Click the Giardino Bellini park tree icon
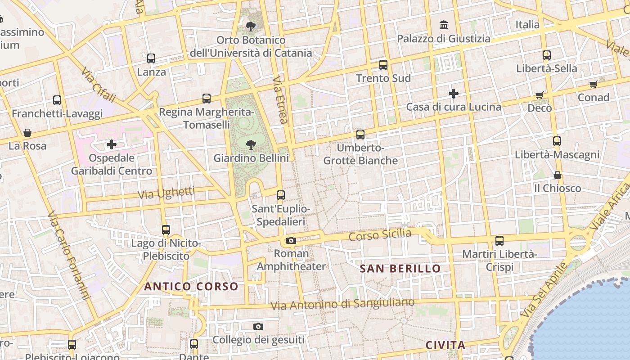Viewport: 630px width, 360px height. click(x=251, y=144)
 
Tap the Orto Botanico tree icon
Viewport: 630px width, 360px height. click(x=251, y=26)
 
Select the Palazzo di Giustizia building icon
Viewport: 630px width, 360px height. click(x=444, y=25)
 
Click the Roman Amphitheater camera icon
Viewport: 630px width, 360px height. click(x=291, y=240)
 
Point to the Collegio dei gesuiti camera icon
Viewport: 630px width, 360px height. click(x=258, y=326)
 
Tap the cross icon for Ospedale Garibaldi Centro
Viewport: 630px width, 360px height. click(x=112, y=144)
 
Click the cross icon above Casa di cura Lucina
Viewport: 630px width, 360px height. click(x=454, y=94)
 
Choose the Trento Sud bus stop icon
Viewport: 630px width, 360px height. click(x=383, y=65)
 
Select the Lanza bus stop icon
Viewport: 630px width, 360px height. click(x=151, y=58)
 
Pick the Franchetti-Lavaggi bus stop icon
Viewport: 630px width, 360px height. click(x=57, y=100)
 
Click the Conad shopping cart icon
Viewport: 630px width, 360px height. click(x=594, y=84)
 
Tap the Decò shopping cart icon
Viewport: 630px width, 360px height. click(x=540, y=95)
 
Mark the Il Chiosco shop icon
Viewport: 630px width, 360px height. click(x=558, y=175)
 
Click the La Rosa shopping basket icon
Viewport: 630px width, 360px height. click(x=27, y=133)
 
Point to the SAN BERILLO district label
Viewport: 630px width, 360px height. click(x=400, y=269)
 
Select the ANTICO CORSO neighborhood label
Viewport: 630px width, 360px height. click(x=191, y=286)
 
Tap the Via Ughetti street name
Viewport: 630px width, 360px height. click(x=166, y=193)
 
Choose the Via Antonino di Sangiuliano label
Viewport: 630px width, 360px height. click(x=342, y=304)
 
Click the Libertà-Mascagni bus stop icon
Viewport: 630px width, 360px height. click(x=557, y=141)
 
